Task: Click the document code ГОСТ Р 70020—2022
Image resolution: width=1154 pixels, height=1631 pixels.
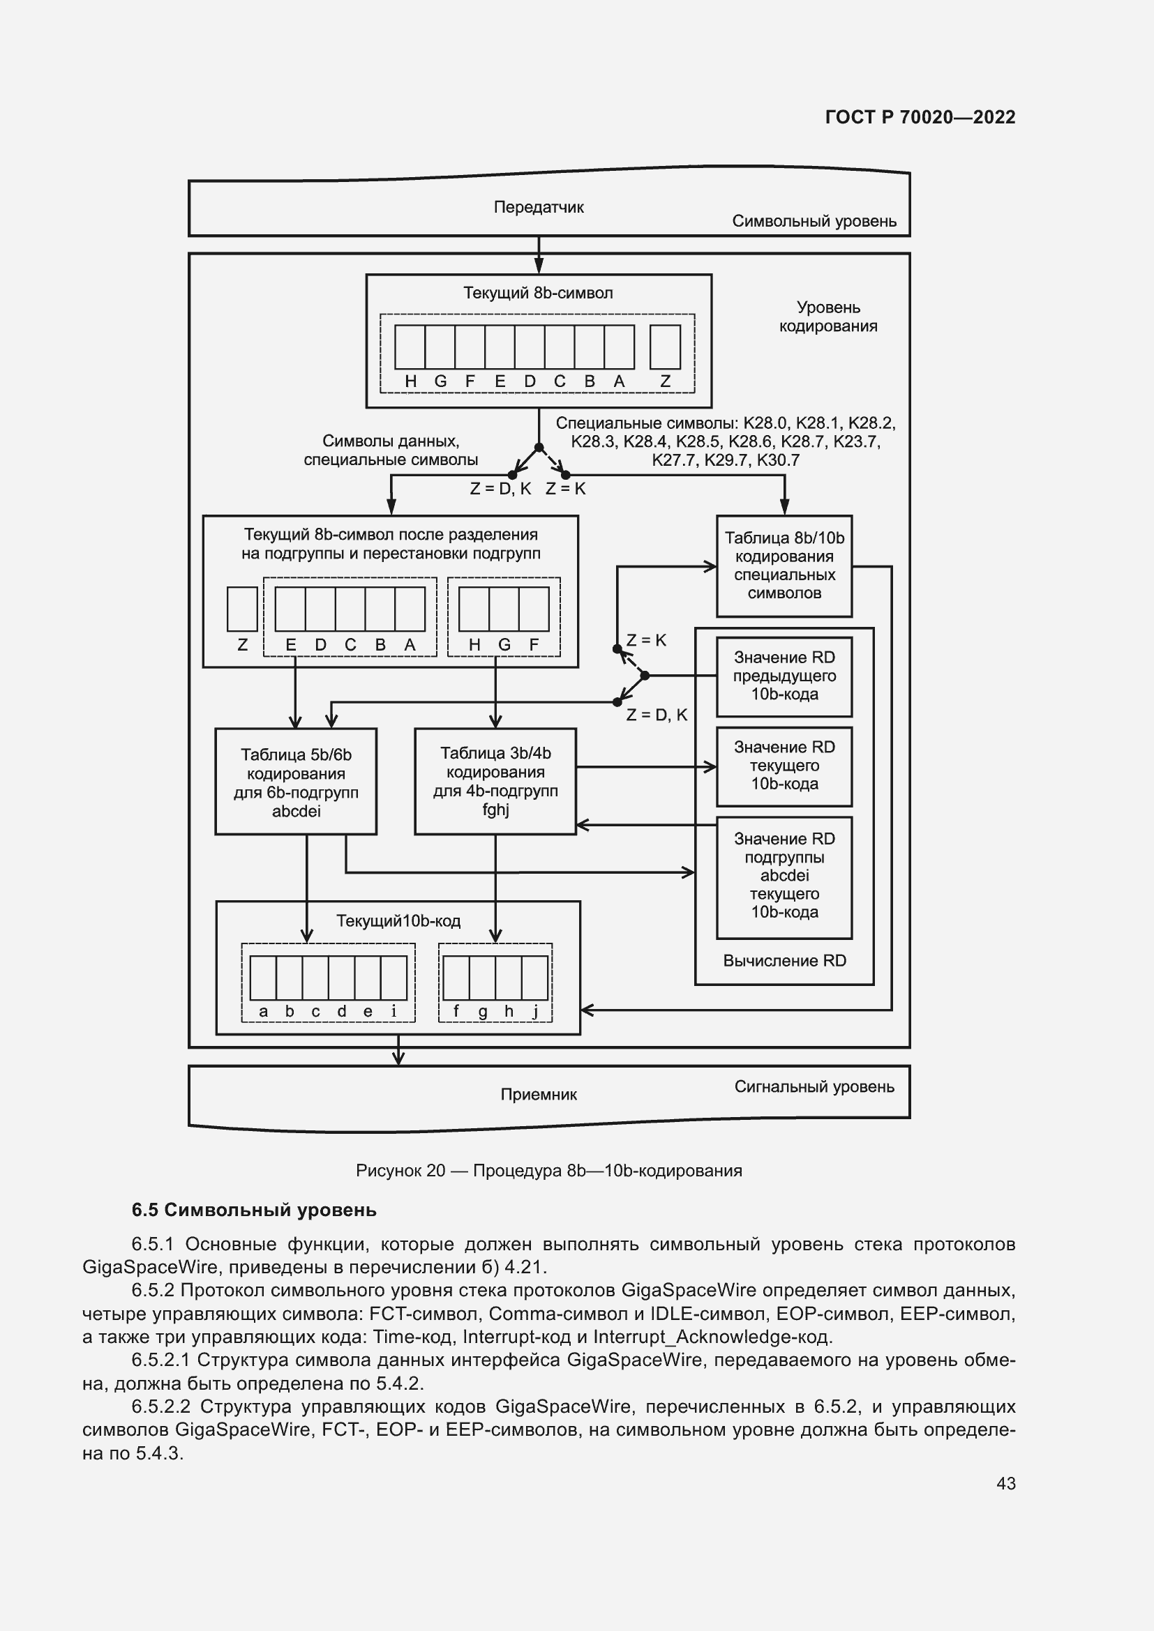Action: click(920, 117)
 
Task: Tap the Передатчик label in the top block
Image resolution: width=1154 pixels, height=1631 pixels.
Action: click(539, 207)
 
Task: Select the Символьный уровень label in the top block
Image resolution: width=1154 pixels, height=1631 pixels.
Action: click(814, 221)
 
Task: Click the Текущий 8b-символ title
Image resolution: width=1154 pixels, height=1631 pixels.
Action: click(538, 293)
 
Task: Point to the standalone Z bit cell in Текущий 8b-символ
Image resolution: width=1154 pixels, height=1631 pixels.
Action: click(665, 347)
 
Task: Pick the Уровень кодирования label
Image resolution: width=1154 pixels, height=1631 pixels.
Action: click(828, 317)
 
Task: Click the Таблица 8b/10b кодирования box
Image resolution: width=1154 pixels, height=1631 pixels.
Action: click(784, 566)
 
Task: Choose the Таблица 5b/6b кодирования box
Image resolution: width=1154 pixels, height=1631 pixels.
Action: click(296, 782)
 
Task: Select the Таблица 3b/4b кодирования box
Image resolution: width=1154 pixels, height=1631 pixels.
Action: click(495, 781)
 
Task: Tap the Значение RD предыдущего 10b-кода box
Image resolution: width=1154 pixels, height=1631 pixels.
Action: click(784, 676)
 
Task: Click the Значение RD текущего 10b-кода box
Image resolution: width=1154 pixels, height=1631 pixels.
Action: click(784, 766)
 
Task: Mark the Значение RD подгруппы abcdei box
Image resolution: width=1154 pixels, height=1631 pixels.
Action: click(784, 876)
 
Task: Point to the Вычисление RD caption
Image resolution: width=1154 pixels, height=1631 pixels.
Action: click(784, 961)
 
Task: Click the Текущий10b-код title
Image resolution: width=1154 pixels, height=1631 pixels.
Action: click(398, 921)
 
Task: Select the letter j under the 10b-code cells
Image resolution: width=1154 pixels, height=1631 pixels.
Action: click(535, 1012)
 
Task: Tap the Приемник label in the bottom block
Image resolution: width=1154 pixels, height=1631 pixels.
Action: click(539, 1095)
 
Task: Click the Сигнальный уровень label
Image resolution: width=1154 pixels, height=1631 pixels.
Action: click(814, 1087)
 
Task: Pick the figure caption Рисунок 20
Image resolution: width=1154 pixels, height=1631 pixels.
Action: click(548, 1171)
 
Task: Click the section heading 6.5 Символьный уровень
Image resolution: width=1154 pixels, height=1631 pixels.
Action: click(254, 1210)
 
